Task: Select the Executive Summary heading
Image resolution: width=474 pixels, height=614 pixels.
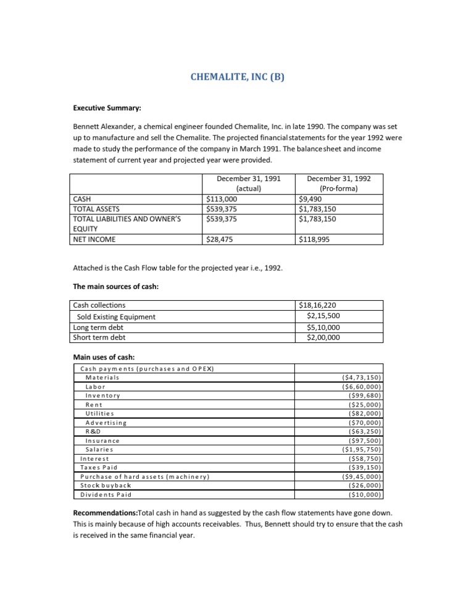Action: point(107,108)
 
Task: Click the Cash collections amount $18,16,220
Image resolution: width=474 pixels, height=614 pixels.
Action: point(318,305)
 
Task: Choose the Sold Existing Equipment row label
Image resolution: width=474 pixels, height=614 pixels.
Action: point(116,317)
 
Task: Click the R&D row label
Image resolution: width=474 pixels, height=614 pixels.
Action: point(93,431)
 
